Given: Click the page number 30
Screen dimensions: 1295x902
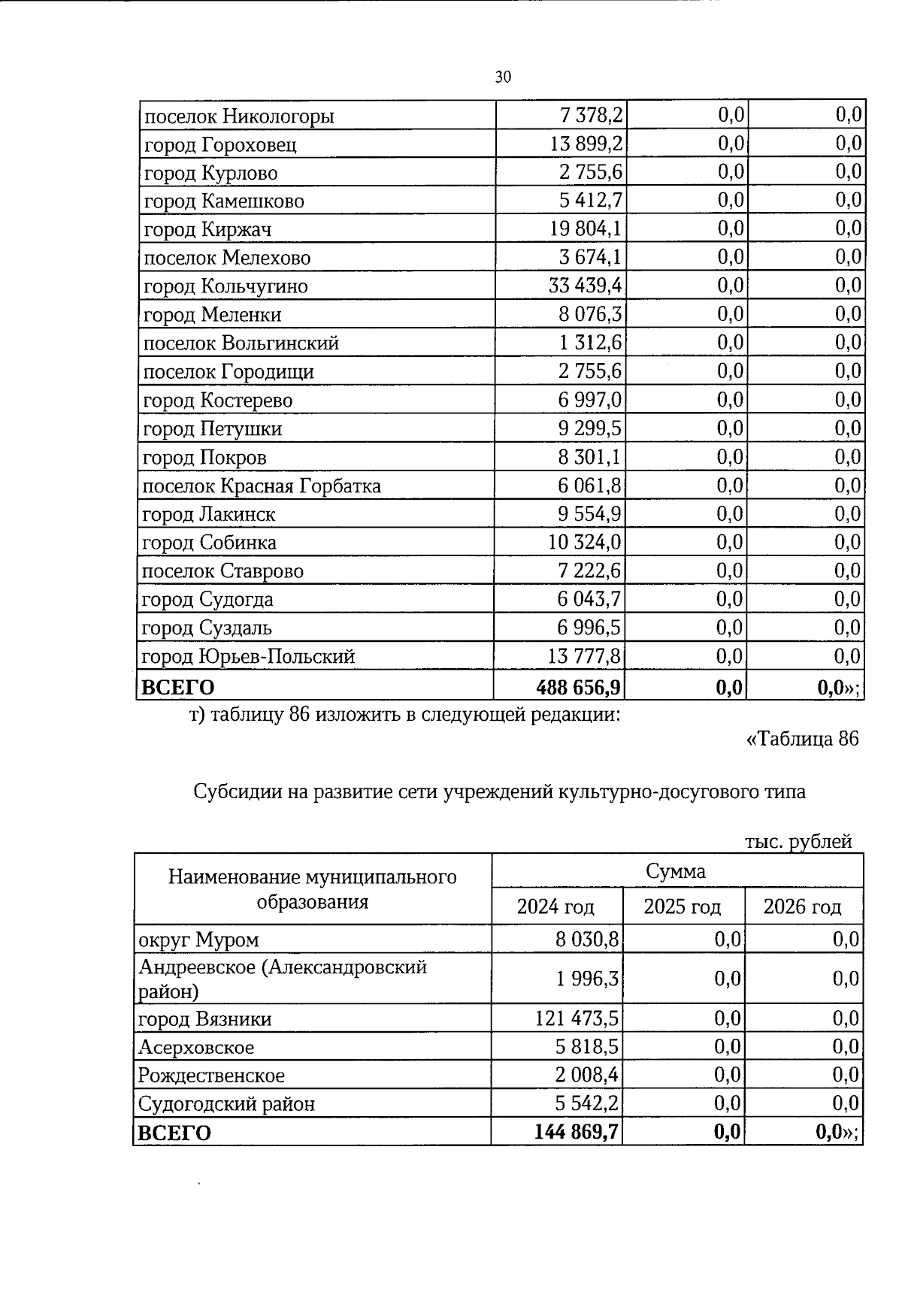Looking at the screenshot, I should coord(504,77).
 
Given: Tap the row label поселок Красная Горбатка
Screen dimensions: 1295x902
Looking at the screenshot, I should coord(262,486).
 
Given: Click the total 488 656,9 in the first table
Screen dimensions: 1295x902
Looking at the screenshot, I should coord(580,687).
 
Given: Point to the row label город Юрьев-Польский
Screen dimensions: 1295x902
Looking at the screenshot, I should coord(248,657).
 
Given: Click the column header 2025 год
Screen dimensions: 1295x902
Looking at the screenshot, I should coord(683,906).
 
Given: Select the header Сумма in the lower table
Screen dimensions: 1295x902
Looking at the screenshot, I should coord(676,871).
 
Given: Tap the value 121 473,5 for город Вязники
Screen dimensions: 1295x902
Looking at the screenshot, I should coord(577,1018).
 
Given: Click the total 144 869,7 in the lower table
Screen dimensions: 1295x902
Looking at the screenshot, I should coord(577,1132).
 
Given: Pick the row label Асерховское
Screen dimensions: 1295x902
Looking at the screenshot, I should coord(196,1047).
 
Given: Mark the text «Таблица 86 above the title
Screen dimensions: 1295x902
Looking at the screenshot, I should coord(801,739).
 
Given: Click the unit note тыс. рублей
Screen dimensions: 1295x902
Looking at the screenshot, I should coord(798,842).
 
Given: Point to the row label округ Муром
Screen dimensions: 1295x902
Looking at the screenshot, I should coord(198,939).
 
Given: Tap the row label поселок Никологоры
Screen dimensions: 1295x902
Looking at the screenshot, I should coord(239,116).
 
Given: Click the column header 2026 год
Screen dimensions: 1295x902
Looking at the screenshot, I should coord(802,906).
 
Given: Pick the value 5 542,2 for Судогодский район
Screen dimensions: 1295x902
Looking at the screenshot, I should coord(587,1103).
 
